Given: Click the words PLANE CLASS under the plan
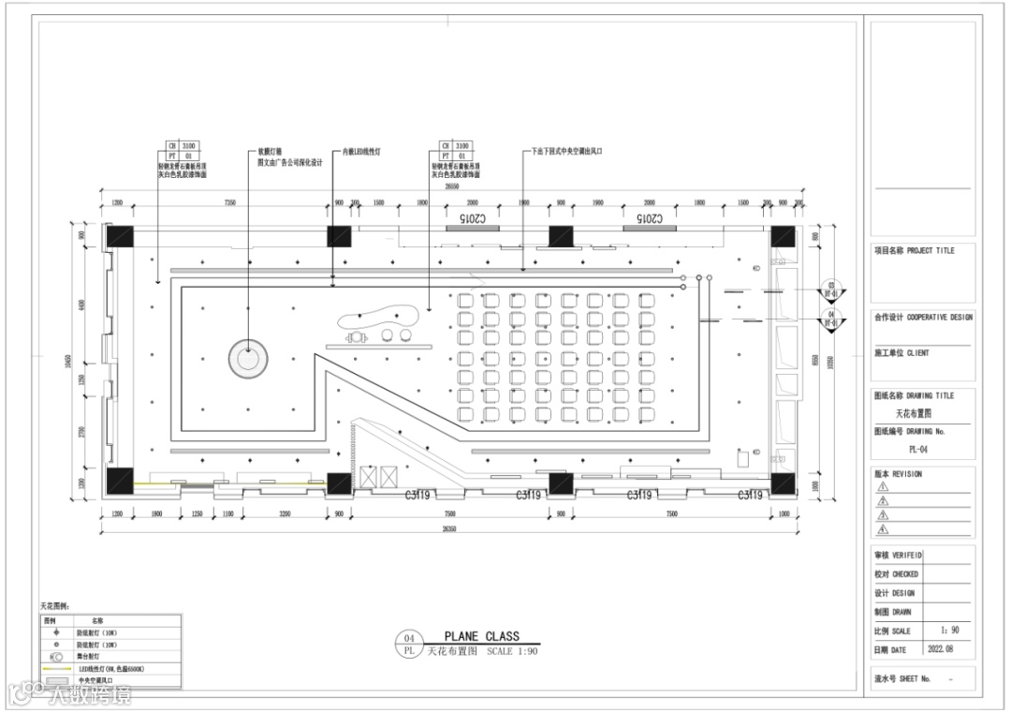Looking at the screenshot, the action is (x=481, y=636).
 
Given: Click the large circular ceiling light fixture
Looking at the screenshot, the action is (x=248, y=357).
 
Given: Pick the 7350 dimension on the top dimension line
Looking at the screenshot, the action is (x=228, y=202).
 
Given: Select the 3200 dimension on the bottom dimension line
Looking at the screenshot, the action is (x=285, y=514).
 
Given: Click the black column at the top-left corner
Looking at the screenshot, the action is (x=121, y=236).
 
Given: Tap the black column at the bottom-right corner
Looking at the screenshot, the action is (x=783, y=483).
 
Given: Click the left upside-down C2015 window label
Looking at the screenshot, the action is (x=473, y=217).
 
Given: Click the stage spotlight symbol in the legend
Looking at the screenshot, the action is (x=54, y=658).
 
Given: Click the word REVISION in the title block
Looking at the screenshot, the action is (x=907, y=474).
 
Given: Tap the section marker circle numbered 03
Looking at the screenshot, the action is (x=829, y=288).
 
